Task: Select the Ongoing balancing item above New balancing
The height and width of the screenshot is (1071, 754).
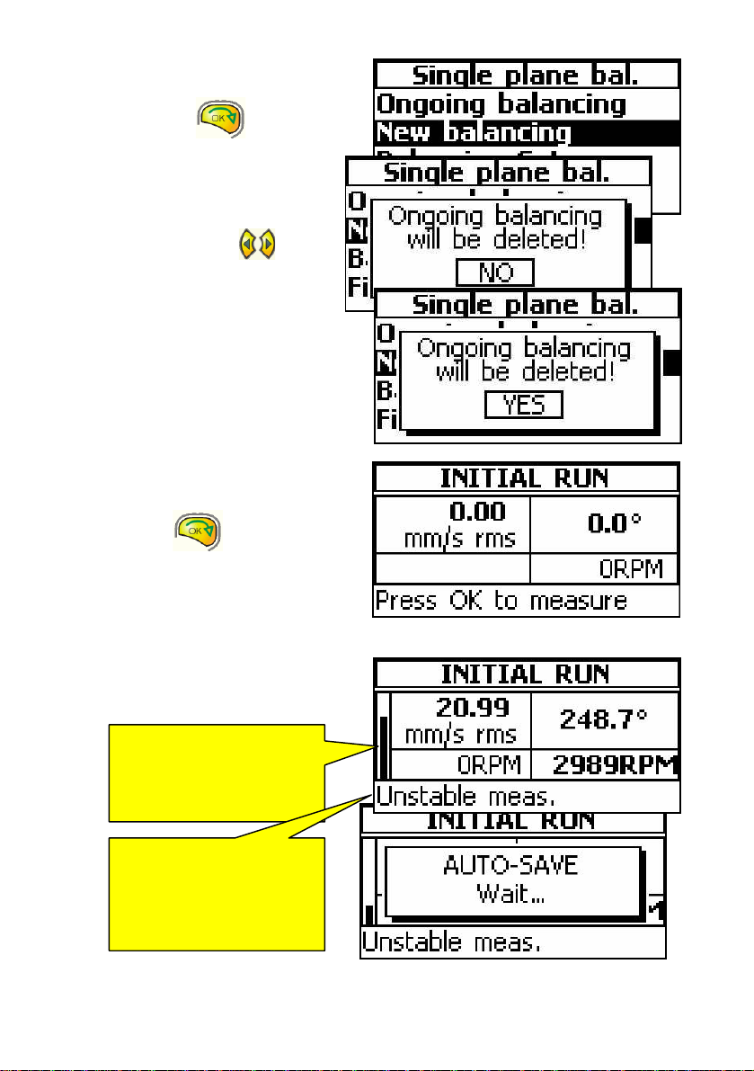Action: coord(501,103)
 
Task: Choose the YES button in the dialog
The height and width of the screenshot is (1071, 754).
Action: coord(523,406)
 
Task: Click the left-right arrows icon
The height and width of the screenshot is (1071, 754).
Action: coord(257,245)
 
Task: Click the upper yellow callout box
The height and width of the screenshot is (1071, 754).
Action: coord(216,772)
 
